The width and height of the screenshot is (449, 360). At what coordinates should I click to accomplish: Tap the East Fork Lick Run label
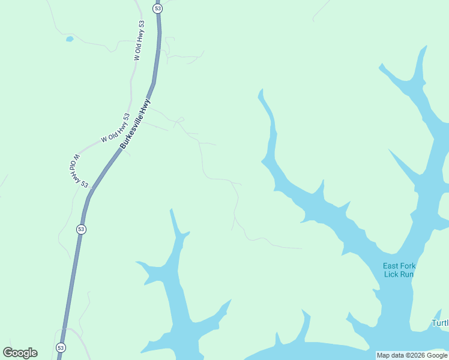(x=399, y=270)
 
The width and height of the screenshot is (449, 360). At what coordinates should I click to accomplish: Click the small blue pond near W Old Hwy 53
(x=70, y=39)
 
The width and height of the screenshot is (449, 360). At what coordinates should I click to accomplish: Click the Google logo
(x=20, y=353)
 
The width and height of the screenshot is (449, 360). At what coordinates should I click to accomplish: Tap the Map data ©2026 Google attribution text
(x=411, y=355)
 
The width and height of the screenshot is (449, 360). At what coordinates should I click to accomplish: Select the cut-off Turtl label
(x=440, y=323)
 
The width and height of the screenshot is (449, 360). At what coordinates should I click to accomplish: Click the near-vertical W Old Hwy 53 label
(x=139, y=41)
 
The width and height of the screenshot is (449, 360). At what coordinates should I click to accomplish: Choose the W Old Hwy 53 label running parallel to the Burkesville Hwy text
(x=115, y=127)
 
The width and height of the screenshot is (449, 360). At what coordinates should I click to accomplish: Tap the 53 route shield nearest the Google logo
(x=61, y=347)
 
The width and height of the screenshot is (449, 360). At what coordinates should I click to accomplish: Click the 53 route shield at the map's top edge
(x=158, y=8)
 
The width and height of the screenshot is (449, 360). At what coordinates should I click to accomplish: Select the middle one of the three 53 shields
(x=81, y=229)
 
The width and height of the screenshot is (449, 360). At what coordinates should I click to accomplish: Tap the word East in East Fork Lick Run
(x=392, y=266)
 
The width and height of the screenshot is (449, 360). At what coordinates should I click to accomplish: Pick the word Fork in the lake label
(x=409, y=266)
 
